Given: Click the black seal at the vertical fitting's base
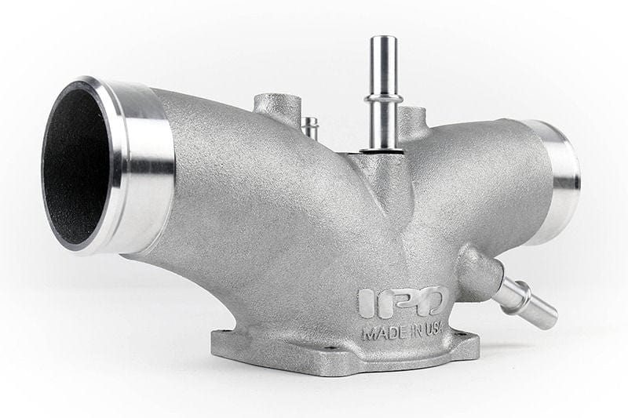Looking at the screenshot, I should coord(382,150).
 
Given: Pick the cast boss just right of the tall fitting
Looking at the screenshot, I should coord(414,122).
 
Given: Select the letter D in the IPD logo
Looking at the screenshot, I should coord(431,302).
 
